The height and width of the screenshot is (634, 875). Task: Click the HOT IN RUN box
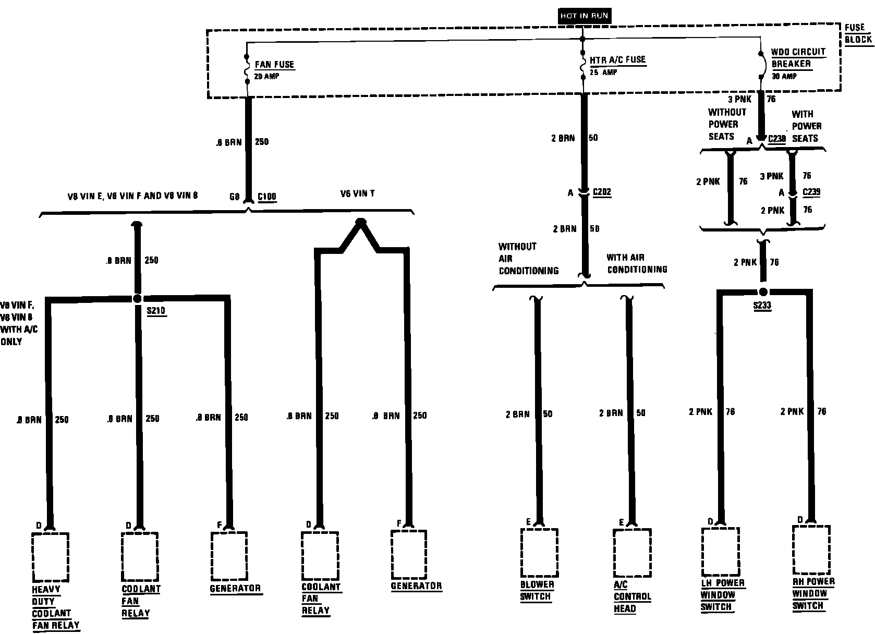click(x=584, y=16)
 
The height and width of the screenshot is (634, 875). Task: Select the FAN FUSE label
click(x=274, y=65)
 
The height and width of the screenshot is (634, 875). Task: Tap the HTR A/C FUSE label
click(x=618, y=60)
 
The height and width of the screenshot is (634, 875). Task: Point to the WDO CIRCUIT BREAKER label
click(x=791, y=58)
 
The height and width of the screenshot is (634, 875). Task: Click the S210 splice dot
click(x=137, y=299)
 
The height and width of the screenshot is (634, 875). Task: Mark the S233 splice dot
click(x=763, y=292)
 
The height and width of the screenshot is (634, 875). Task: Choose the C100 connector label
click(x=267, y=197)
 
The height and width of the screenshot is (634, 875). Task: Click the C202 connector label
click(x=602, y=192)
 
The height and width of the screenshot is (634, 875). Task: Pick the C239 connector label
click(x=811, y=192)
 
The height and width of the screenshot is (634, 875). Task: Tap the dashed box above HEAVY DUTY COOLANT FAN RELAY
click(x=50, y=556)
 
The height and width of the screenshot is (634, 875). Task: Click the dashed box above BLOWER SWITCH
click(x=539, y=553)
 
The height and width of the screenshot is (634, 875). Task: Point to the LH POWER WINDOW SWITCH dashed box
click(x=720, y=551)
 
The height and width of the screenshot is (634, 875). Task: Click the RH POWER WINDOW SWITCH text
click(x=809, y=593)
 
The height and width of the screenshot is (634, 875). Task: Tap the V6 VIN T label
click(x=357, y=193)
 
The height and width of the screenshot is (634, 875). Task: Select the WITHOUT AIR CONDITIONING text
click(x=528, y=259)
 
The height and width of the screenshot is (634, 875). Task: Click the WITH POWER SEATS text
click(x=806, y=126)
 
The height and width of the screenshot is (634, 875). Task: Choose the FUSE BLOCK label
click(x=858, y=33)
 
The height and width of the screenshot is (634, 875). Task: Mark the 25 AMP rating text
click(x=603, y=72)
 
